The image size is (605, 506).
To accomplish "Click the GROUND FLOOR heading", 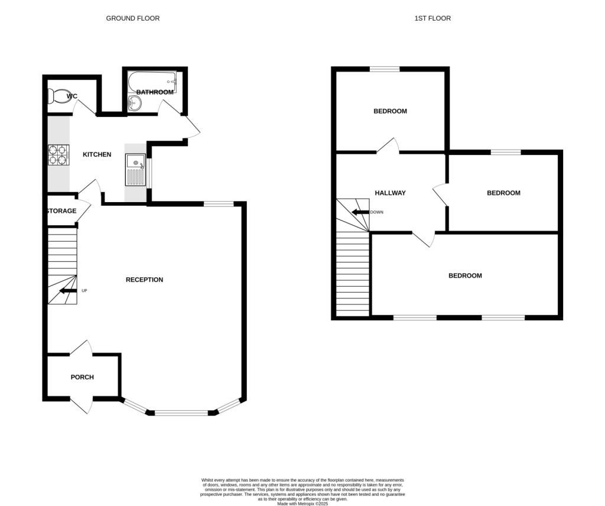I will tap(132, 18).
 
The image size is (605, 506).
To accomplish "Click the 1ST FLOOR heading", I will tap(432, 18).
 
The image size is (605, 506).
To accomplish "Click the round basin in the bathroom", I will tap(135, 104).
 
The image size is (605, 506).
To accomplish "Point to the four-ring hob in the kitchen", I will tap(58, 155).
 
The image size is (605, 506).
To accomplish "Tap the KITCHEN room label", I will tap(97, 154).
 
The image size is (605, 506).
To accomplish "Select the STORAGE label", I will tap(61, 211).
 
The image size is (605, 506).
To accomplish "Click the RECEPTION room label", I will tap(144, 280).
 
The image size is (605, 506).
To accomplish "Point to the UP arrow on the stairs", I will tap(68, 290).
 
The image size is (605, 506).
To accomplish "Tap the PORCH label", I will tap(82, 377).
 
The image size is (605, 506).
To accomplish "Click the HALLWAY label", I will tap(391, 193).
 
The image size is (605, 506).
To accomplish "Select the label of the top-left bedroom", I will tap(391, 111).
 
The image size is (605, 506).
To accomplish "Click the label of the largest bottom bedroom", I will tap(465, 275).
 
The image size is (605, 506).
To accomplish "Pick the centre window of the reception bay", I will tap(181, 413).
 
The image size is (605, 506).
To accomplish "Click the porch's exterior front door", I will tap(82, 406).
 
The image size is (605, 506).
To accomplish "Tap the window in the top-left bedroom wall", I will tap(385, 70).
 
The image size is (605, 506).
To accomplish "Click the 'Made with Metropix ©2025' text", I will tap(302, 504).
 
